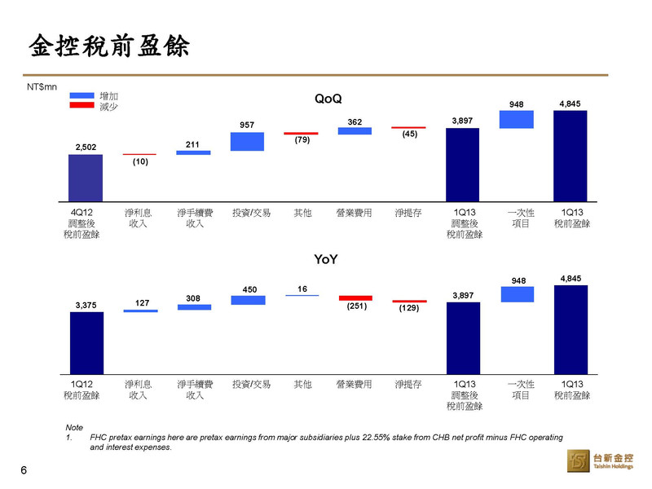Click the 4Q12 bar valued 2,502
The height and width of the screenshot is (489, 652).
pos(86,178)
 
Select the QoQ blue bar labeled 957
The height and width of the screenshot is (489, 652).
pos(248,141)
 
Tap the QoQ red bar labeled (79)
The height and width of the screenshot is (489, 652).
pos(301,134)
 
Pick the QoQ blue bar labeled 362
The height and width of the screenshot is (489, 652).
pos(355,131)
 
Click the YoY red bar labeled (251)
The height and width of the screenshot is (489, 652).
pos(355,298)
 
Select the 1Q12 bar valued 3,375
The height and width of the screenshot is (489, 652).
pos(87,343)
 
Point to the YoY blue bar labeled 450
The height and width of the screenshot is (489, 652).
pos(249,300)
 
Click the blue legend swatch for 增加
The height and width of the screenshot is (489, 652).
pos(82,95)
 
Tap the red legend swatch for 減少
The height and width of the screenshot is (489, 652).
pos(82,105)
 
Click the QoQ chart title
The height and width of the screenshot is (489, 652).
pos(328,99)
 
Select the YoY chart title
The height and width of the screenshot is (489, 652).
pos(326,259)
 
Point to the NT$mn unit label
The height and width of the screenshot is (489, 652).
pos(42,87)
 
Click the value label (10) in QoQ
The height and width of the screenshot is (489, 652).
pos(140,161)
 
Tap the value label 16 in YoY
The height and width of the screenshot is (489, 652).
pos(302,289)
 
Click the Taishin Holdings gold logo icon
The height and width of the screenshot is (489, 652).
pos(579,460)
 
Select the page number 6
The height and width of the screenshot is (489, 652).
pos(24,470)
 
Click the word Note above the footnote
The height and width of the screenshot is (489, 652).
pos(74,427)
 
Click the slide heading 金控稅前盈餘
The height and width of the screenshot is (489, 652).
pos(109,46)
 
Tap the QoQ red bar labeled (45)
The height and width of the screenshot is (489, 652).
pos(409,128)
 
